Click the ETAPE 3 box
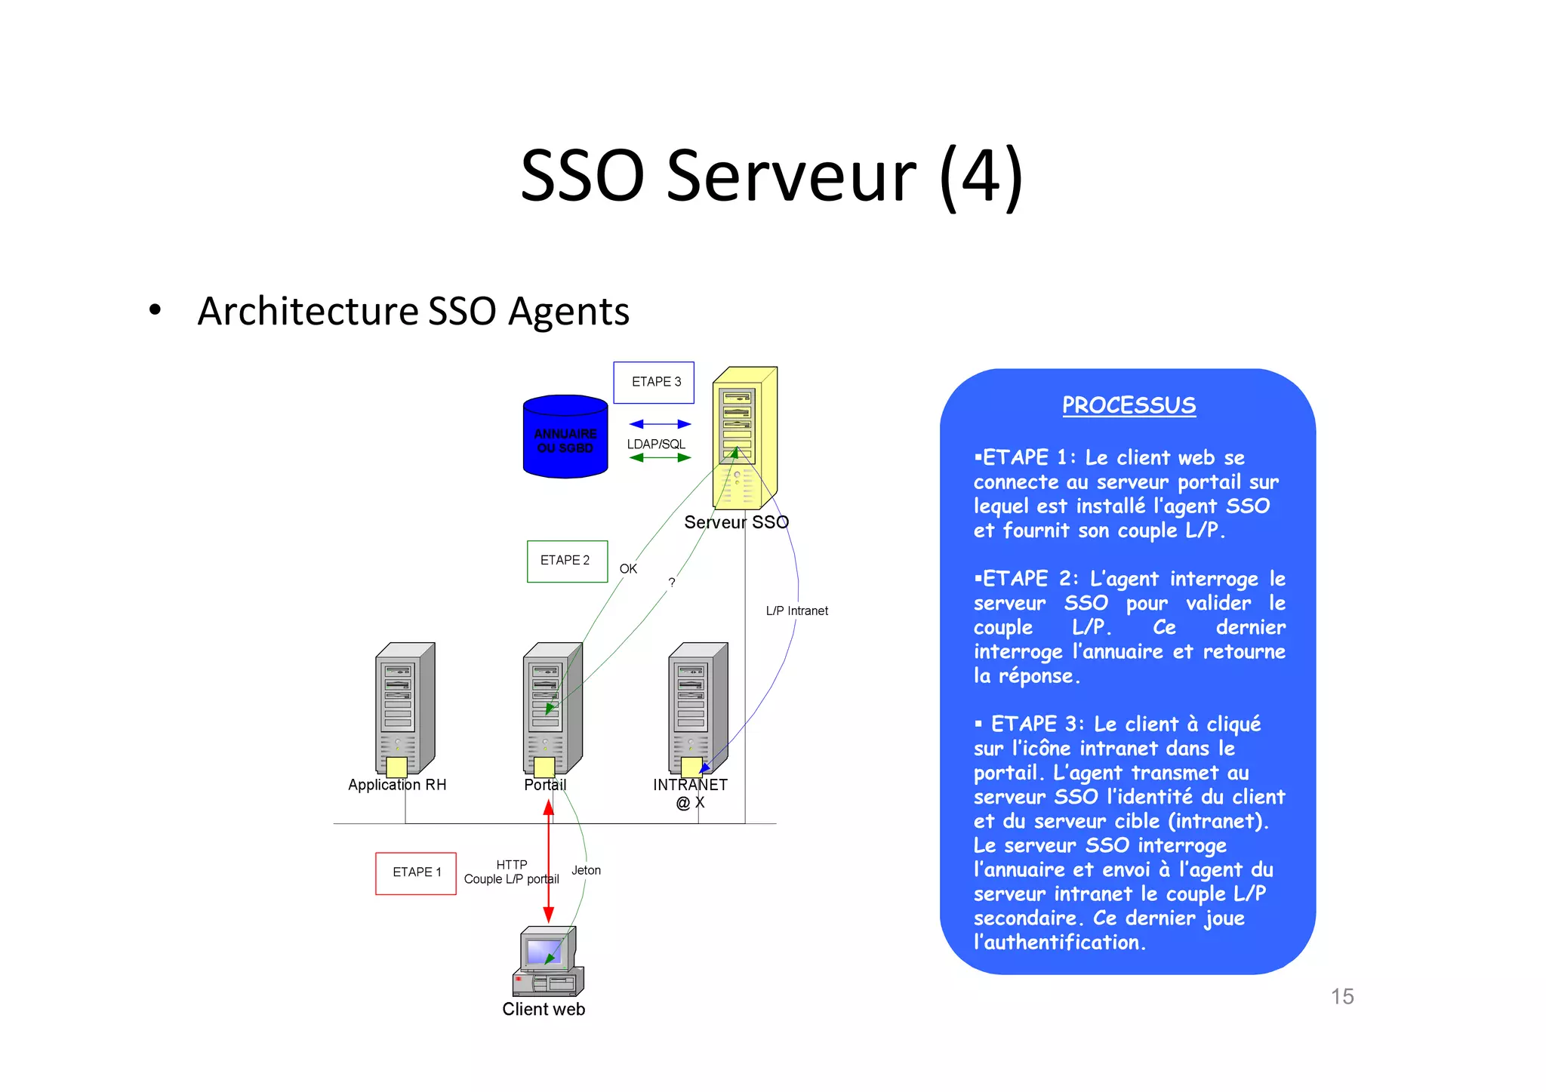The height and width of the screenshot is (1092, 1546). click(654, 383)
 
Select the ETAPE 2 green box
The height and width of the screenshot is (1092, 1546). click(567, 561)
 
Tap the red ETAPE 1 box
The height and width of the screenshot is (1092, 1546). click(416, 873)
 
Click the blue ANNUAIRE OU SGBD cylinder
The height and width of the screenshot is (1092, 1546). click(565, 437)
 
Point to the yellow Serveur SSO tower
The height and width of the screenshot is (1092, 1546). click(744, 438)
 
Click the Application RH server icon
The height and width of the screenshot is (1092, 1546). click(405, 709)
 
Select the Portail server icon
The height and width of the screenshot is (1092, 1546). click(552, 709)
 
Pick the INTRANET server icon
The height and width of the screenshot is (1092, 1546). click(698, 709)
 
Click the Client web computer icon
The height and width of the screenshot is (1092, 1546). click(547, 962)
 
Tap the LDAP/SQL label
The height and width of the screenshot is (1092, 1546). click(656, 444)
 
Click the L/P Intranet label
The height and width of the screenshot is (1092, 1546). click(796, 611)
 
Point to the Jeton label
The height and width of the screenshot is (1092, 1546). click(586, 870)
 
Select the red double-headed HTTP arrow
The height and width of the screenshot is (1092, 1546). click(549, 860)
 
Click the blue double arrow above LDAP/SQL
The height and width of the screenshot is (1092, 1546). click(660, 424)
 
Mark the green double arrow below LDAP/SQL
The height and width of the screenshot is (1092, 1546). click(660, 457)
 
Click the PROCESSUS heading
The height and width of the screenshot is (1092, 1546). click(1129, 405)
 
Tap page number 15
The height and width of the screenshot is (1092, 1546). click(1341, 996)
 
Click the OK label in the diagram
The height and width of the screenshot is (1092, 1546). click(628, 569)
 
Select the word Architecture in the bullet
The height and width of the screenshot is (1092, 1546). click(307, 312)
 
